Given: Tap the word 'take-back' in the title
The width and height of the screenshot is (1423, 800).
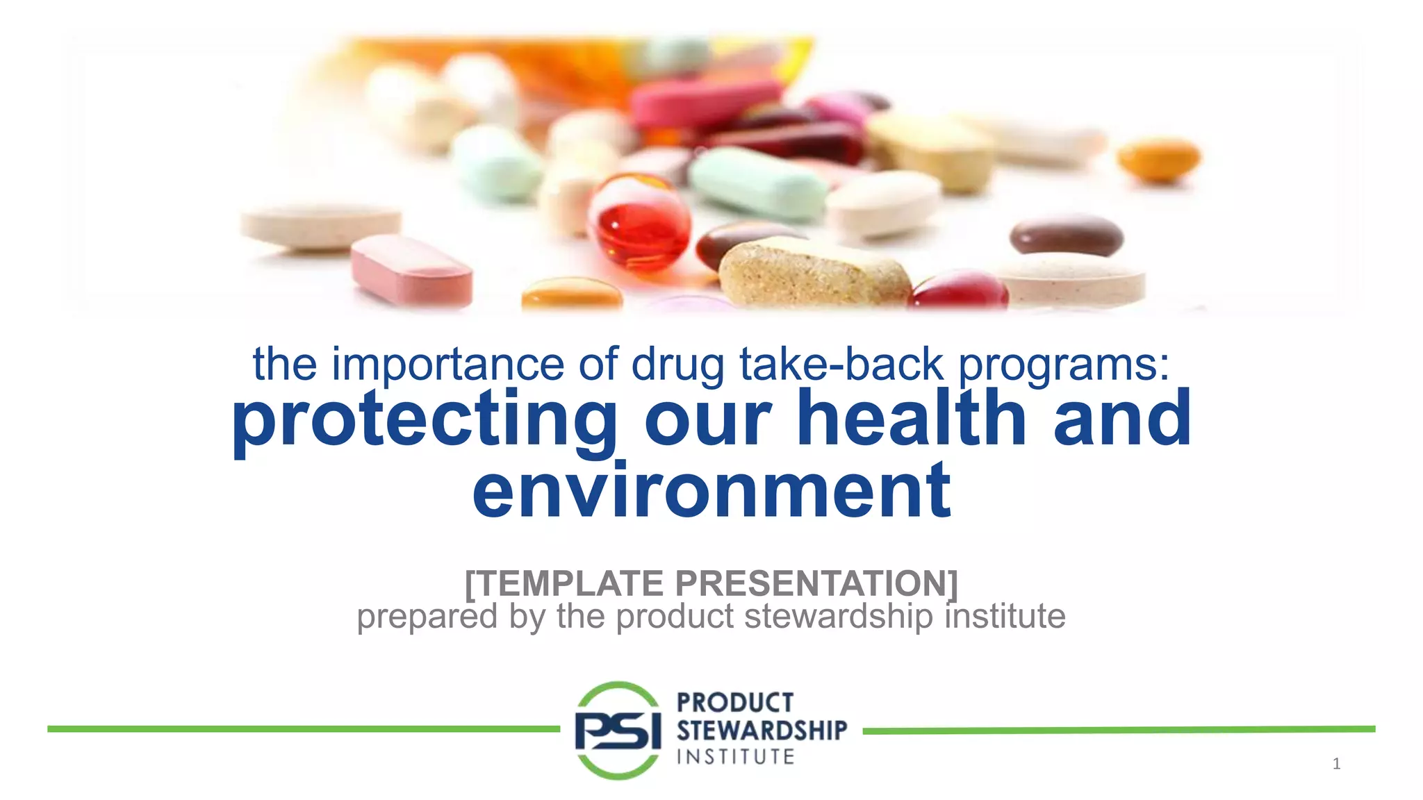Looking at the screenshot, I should pos(841,364).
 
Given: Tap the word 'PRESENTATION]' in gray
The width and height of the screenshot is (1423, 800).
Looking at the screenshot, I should pos(816,583).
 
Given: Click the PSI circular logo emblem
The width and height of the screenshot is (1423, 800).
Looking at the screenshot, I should pos(618,730).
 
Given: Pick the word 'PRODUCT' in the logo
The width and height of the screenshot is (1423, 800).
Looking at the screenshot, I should pos(735,703).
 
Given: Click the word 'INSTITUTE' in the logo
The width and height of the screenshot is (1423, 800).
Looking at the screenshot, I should pos(736,756).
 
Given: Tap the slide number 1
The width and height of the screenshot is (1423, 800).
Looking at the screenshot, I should pos(1336,764).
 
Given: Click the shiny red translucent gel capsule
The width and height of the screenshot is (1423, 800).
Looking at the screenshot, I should pos(639,222).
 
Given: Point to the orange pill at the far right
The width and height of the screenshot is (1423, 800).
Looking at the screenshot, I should pos(1159,159).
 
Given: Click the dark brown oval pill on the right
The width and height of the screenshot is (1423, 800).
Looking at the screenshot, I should pos(1066,235).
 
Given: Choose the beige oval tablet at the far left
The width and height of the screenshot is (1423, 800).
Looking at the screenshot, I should pos(321,225).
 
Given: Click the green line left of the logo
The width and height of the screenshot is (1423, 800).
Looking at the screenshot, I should pos(303,728).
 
